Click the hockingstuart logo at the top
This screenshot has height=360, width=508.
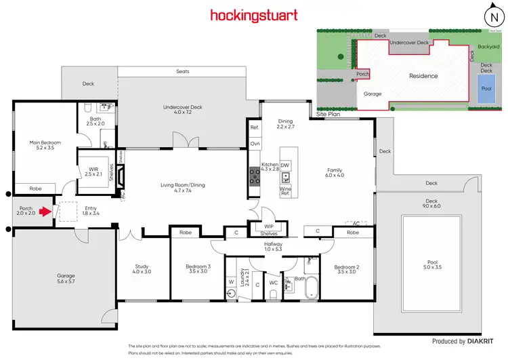coord(253,15)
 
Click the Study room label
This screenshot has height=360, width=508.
coord(142,269)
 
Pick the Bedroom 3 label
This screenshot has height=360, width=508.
coord(198,269)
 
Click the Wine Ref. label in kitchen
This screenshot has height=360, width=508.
coord(285,191)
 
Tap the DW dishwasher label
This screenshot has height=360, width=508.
coord(285,164)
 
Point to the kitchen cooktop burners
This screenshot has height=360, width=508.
coord(255,176)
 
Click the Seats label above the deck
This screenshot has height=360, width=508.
coord(182,71)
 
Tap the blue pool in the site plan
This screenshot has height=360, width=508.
coord(486,89)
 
